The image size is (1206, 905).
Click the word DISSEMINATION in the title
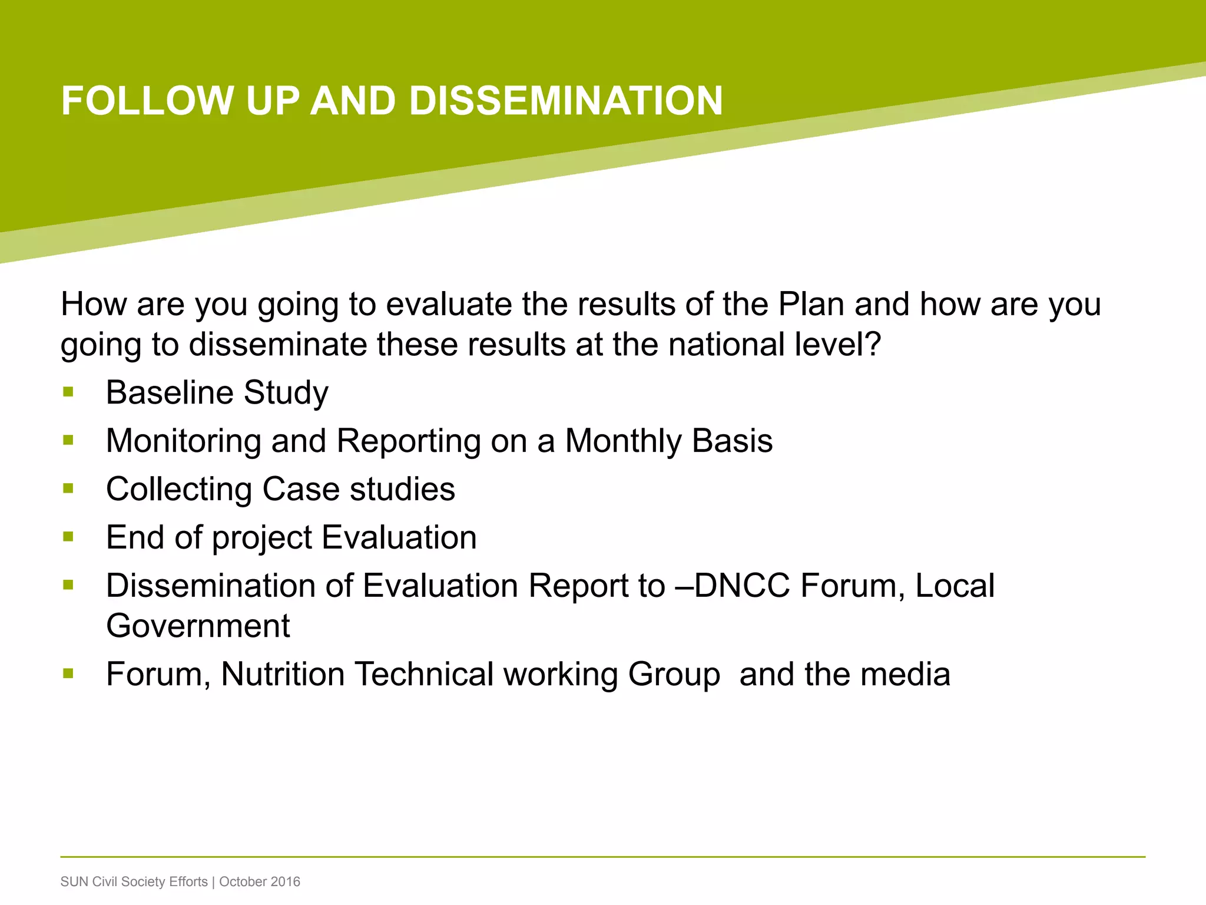click(565, 101)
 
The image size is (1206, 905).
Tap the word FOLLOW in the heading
click(148, 101)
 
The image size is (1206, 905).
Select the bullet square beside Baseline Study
click(68, 392)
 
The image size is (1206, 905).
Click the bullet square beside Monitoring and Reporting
click(68, 440)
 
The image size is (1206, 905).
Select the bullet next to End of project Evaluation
click(68, 537)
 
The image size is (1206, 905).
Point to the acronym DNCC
click(741, 586)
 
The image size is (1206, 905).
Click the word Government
click(198, 626)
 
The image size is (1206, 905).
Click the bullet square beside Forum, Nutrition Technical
click(68, 673)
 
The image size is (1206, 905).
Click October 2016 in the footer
click(260, 882)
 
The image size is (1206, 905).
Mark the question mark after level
click(872, 345)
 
